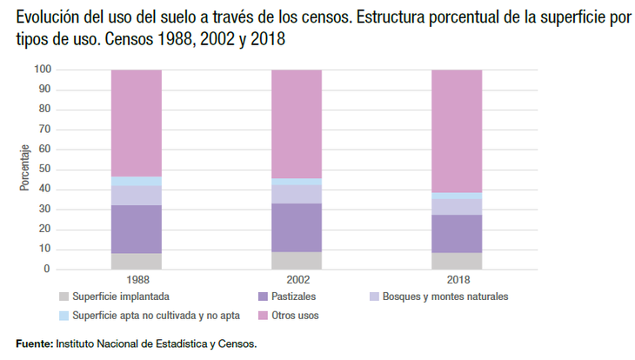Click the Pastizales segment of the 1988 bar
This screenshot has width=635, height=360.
coord(137,229)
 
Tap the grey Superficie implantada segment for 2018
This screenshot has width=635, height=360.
coord(457,260)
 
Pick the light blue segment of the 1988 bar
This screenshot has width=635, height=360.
coord(137,181)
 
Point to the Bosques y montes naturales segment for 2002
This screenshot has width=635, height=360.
coord(297,194)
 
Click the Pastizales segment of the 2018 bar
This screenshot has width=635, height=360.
coord(457,233)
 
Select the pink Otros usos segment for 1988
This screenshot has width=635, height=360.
coord(137,122)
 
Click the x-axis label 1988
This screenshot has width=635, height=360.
coord(137,281)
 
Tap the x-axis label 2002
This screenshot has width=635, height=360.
coord(297,281)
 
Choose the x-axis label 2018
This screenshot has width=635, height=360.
coord(457,281)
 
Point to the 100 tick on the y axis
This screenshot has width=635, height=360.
coord(43,70)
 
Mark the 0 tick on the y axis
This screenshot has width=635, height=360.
coord(48,270)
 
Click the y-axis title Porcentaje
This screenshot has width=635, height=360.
coord(24,169)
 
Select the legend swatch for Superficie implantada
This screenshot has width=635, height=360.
coord(63,297)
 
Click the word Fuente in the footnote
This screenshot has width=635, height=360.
coord(34,343)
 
